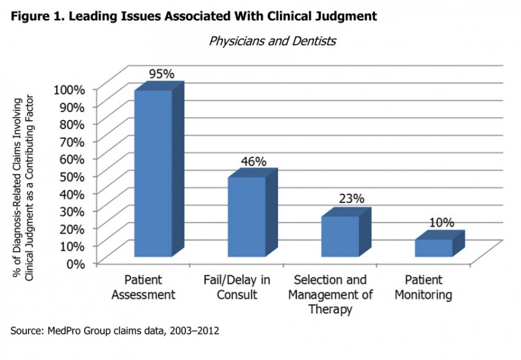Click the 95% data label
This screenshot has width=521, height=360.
point(162,74)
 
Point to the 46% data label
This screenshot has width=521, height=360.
point(254,161)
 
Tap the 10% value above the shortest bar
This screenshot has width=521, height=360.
point(441,222)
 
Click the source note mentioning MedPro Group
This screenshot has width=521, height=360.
point(114,332)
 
